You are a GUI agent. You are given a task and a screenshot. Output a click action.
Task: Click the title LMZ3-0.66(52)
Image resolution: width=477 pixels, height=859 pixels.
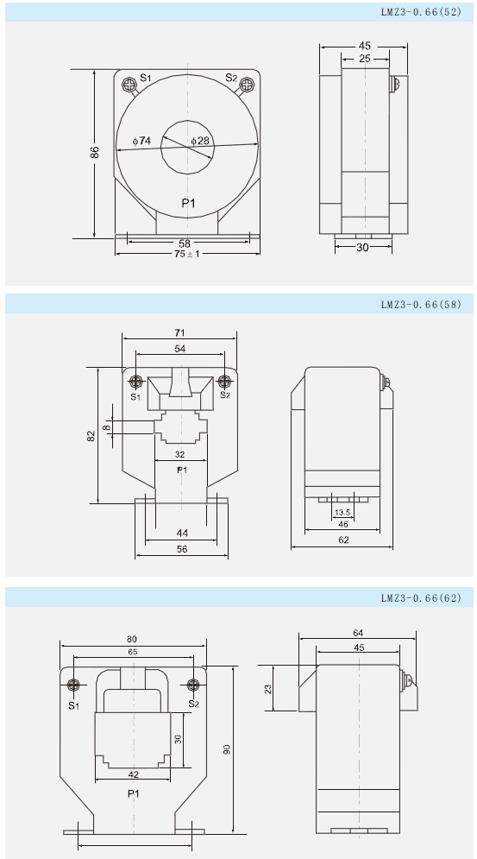[x=421, y=11]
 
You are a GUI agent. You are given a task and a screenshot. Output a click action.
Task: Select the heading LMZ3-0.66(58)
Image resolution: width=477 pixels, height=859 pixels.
[x=421, y=305]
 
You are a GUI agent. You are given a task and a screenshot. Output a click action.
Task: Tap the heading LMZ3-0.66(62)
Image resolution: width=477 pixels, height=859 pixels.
[x=421, y=598]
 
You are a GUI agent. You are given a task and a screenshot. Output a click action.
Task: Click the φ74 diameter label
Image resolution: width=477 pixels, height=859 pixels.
[x=141, y=141]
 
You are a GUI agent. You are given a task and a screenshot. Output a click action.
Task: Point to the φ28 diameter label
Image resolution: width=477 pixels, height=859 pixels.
[x=200, y=141]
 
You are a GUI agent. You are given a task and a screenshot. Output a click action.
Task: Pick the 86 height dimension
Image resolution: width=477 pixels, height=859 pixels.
[x=95, y=153]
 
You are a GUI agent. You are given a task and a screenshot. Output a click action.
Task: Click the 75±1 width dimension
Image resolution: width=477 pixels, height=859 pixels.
[x=188, y=254]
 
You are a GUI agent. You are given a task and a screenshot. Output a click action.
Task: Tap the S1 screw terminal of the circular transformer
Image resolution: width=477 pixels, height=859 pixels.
[x=129, y=85]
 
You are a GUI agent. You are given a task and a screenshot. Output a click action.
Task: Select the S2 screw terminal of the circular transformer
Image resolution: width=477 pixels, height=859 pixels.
[x=247, y=85]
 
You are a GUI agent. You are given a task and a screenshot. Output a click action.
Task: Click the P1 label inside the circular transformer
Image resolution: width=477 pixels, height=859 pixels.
[x=188, y=204]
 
